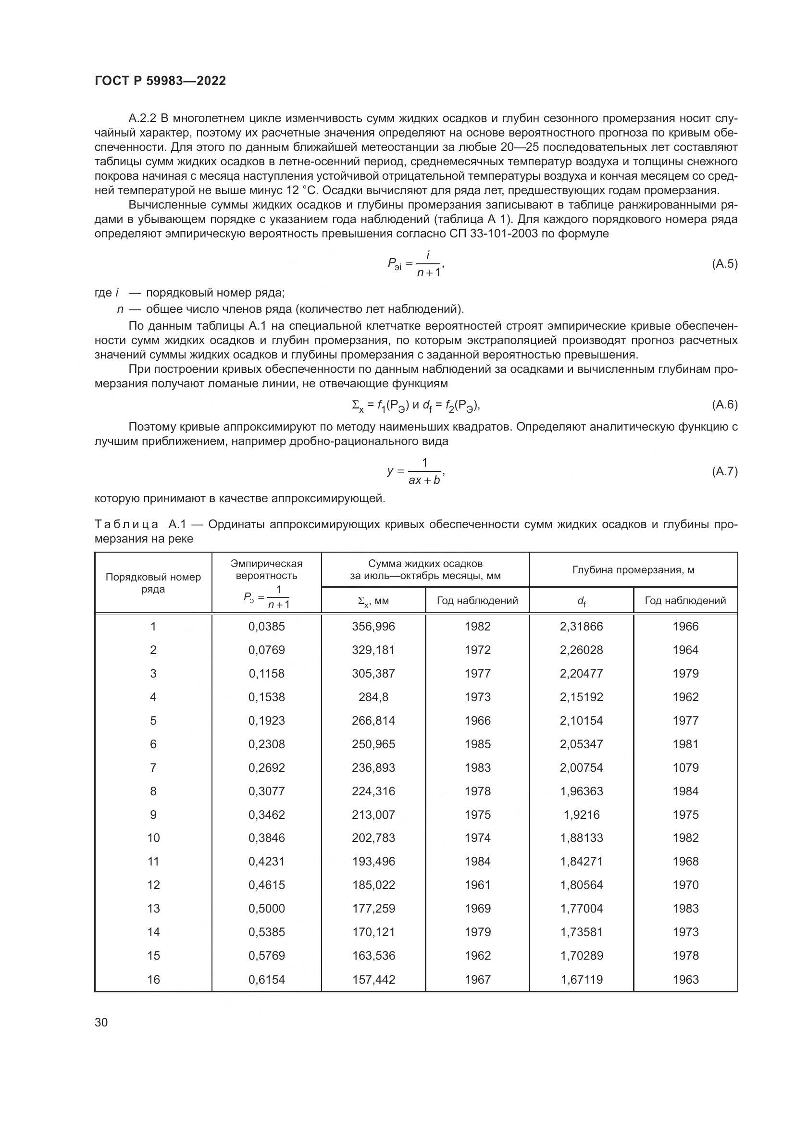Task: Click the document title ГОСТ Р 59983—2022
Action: coord(160,81)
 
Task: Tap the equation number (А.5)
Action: coord(724,264)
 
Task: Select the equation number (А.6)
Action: coord(724,404)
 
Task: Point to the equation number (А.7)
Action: coord(724,471)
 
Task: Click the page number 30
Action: coord(101,1023)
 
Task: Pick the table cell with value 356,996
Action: coord(373,627)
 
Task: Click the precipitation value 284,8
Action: coord(373,697)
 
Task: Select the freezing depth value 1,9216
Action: coord(581,815)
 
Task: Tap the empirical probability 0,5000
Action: coord(266,909)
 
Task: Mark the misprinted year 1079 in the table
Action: coord(685,767)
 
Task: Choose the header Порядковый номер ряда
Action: coord(153,583)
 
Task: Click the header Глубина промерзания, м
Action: coord(633,570)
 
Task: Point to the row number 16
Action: coord(153,979)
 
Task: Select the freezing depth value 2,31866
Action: coord(581,627)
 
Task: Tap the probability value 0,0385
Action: coord(266,627)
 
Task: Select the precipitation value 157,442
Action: coord(373,979)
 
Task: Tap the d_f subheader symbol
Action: coord(581,601)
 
